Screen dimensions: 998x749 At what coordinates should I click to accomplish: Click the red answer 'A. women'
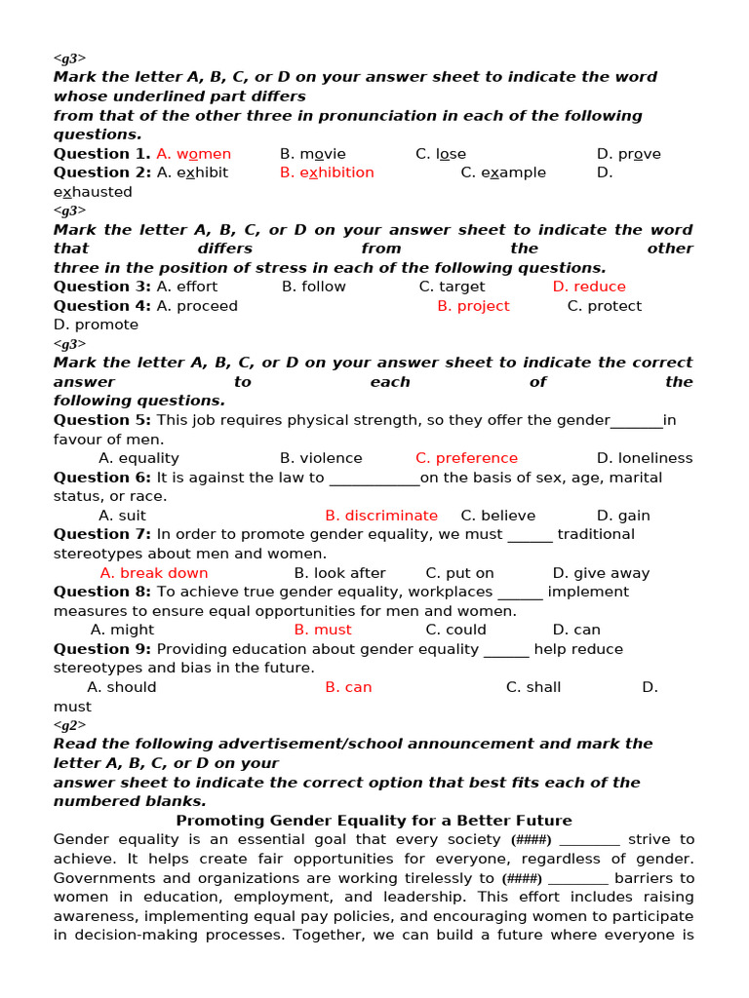tap(193, 154)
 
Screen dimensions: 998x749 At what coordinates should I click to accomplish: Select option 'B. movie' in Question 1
tap(312, 154)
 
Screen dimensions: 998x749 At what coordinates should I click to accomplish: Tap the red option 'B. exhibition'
tap(327, 173)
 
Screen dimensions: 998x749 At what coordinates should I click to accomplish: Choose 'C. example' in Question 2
tap(503, 173)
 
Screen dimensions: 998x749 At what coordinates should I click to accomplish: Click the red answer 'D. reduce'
tap(589, 287)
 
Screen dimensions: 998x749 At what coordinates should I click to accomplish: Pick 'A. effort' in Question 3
tap(186, 287)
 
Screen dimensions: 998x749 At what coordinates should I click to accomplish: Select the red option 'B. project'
tap(473, 306)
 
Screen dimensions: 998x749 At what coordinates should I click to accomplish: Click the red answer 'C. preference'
tap(466, 458)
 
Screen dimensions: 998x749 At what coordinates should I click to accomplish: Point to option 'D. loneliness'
tap(644, 458)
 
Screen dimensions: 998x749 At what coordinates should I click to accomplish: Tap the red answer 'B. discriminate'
tap(381, 516)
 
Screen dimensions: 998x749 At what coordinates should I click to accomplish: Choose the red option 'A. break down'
tap(154, 573)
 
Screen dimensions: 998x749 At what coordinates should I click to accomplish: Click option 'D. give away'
tap(601, 573)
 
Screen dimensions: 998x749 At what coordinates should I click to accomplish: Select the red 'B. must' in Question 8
tap(323, 630)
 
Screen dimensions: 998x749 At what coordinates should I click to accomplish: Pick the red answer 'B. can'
tap(348, 687)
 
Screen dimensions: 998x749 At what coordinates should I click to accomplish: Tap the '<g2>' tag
tap(69, 725)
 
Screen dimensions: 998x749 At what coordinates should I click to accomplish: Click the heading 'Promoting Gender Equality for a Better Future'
tap(374, 821)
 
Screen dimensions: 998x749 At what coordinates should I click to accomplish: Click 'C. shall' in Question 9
tap(532, 687)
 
